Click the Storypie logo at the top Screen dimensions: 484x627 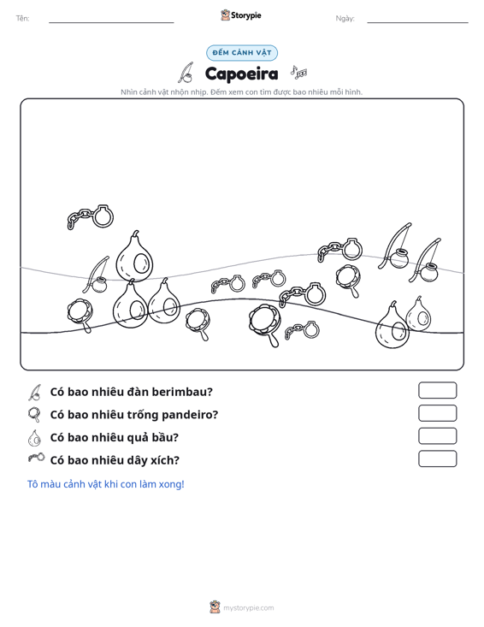pyautogui.click(x=241, y=15)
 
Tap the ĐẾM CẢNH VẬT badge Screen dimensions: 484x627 pyautogui.click(x=242, y=53)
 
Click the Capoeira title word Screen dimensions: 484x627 pyautogui.click(x=241, y=74)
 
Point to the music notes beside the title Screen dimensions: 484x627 pyautogui.click(x=298, y=72)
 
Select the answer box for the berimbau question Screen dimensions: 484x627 pyautogui.click(x=437, y=390)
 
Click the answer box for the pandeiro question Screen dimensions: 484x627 pyautogui.click(x=437, y=413)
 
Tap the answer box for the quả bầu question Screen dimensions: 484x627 pyautogui.click(x=437, y=436)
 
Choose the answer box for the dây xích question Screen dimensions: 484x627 pyautogui.click(x=437, y=458)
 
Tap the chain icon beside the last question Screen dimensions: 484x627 pyautogui.click(x=37, y=458)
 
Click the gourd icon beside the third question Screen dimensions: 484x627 pyautogui.click(x=35, y=437)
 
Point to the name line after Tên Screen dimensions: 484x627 pyautogui.click(x=111, y=22)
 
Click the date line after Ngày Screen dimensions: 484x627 pyautogui.click(x=417, y=22)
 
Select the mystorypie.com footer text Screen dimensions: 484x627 pyautogui.click(x=248, y=608)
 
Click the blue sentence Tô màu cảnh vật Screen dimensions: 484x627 pyautogui.click(x=105, y=484)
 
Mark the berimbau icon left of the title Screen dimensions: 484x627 pyautogui.click(x=186, y=73)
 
